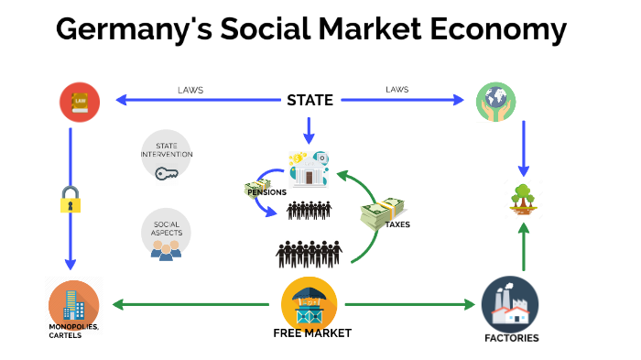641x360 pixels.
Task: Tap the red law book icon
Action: click(79, 102)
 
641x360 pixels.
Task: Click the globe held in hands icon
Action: click(495, 102)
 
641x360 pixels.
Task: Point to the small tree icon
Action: click(523, 199)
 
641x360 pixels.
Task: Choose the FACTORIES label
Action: click(511, 338)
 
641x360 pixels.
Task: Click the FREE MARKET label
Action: click(311, 333)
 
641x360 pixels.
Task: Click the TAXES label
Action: click(397, 224)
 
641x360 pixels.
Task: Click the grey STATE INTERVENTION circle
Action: click(166, 154)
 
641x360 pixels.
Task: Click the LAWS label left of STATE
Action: click(190, 91)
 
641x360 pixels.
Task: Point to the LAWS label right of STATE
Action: click(397, 91)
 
